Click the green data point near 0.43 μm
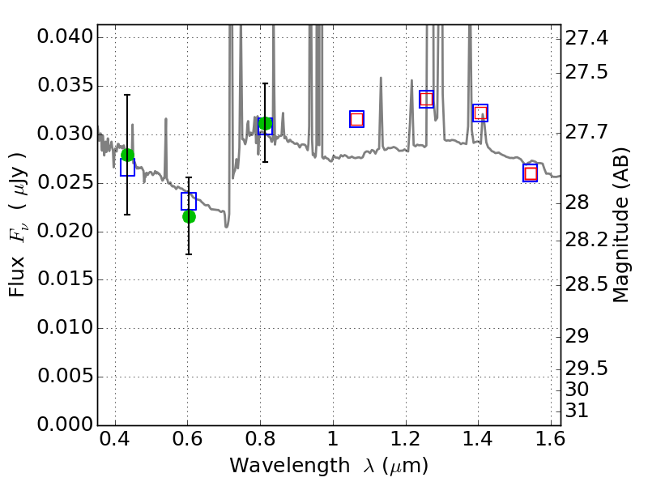pyautogui.click(x=127, y=156)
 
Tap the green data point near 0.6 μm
pyautogui.click(x=189, y=216)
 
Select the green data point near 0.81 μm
pyautogui.click(x=265, y=123)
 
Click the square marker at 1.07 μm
pyautogui.click(x=356, y=119)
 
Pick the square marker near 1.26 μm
pyautogui.click(x=426, y=99)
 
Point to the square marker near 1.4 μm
pyautogui.click(x=480, y=113)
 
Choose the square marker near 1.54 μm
pyautogui.click(x=531, y=173)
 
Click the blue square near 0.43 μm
pyautogui.click(x=127, y=168)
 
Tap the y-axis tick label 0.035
pyautogui.click(x=65, y=87)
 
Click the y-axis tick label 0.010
pyautogui.click(x=65, y=329)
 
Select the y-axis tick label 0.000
pyautogui.click(x=65, y=425)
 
